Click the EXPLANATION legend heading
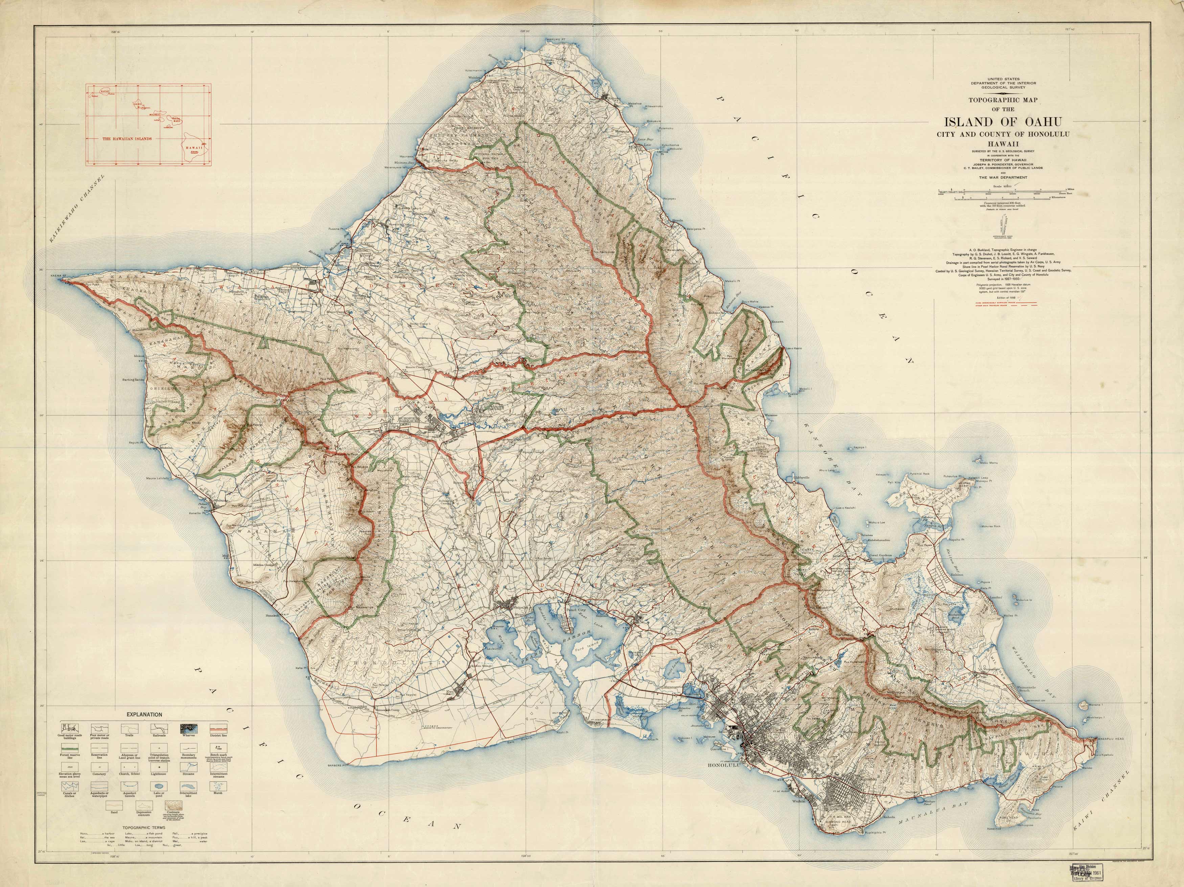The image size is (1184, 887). coord(144,714)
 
